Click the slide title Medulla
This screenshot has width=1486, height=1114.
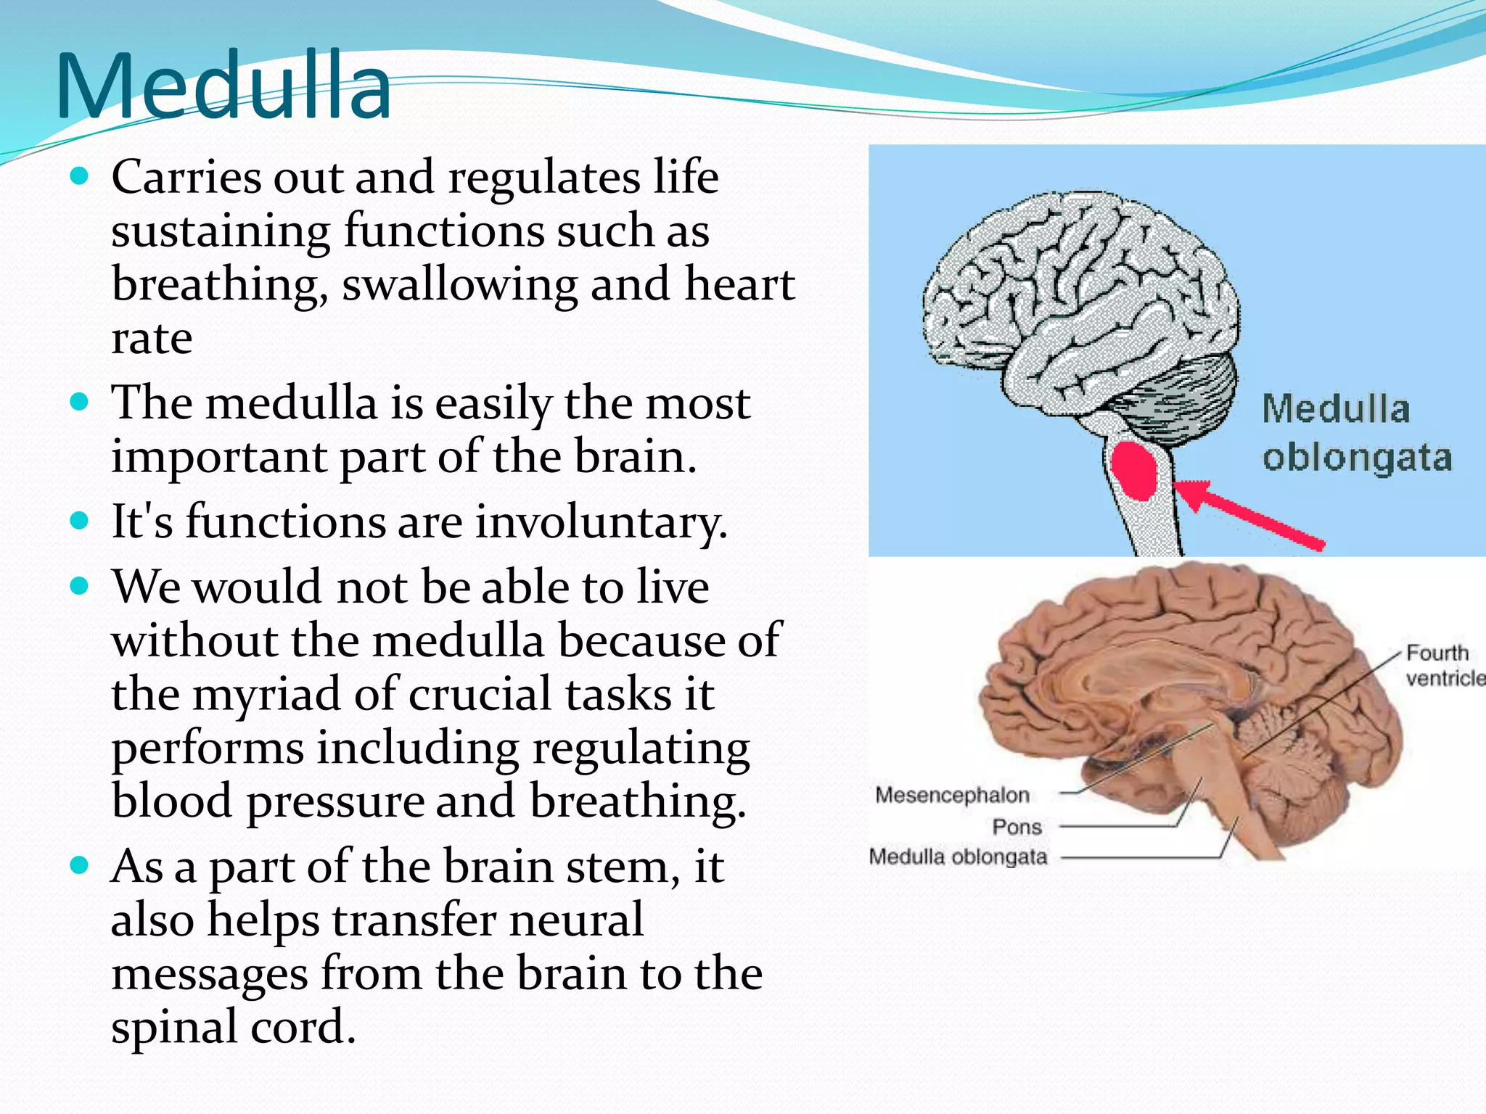223,87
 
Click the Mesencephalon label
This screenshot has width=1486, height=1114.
952,795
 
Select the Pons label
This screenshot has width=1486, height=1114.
1017,827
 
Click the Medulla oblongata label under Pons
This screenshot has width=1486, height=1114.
958,857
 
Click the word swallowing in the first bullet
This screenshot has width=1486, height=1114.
459,284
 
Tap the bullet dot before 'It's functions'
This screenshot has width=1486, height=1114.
80,521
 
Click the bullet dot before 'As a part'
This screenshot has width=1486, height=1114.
80,865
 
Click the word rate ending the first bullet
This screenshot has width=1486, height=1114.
151,338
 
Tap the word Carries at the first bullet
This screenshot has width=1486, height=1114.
186,177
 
